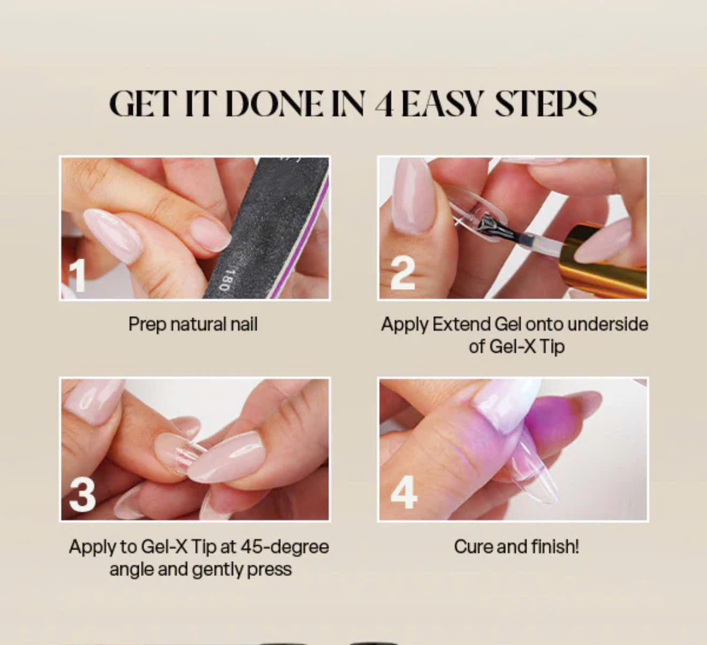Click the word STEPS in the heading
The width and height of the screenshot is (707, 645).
point(546,104)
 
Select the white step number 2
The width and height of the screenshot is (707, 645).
point(403,273)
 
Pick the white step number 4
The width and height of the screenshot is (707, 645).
point(404,492)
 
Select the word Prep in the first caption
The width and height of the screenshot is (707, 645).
point(147,324)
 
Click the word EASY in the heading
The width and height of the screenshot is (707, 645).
point(442,104)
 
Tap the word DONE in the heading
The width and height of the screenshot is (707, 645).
point(274,104)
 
